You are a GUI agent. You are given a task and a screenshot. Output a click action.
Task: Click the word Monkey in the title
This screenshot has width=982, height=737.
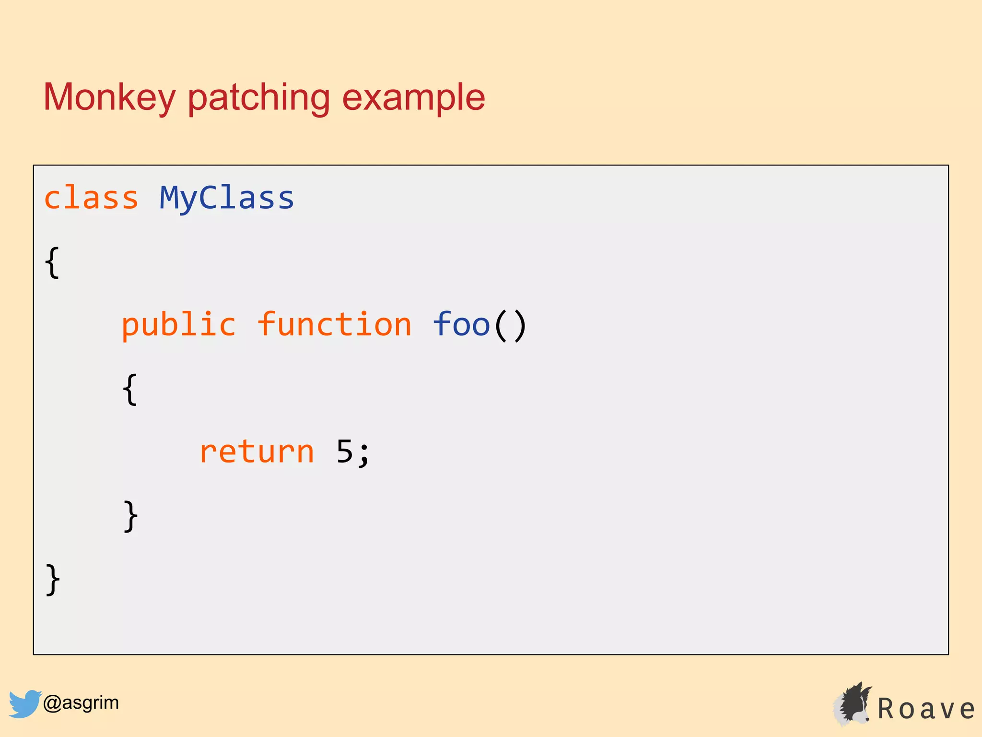[x=109, y=97]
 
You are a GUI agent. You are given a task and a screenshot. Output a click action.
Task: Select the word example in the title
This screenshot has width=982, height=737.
[x=413, y=97]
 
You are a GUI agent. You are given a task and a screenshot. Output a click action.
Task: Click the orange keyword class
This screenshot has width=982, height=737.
[x=91, y=198]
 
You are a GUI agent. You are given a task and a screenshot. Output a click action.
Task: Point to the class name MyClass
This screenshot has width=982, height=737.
[x=226, y=198]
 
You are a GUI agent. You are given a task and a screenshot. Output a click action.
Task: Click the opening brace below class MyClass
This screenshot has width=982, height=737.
[x=52, y=262]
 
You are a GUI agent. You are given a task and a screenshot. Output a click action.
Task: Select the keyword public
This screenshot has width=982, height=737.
[x=178, y=325]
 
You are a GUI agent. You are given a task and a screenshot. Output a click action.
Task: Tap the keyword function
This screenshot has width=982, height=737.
[x=334, y=325]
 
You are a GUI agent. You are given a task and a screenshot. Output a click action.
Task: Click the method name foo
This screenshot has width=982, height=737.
[x=461, y=325]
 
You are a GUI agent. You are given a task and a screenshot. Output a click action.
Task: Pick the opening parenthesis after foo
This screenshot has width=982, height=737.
[x=500, y=326]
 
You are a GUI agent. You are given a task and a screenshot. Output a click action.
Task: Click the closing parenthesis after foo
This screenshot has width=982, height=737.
[x=520, y=326]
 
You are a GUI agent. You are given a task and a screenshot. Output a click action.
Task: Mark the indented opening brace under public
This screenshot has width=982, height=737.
[x=130, y=389]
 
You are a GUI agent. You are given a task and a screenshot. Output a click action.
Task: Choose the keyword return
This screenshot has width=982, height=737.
[x=257, y=452]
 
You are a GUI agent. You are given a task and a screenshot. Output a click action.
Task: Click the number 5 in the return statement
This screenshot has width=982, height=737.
[x=345, y=452]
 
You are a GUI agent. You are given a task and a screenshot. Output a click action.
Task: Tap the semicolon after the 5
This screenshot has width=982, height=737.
[x=364, y=455]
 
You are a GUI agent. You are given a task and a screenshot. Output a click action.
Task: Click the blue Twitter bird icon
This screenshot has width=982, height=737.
[x=24, y=703]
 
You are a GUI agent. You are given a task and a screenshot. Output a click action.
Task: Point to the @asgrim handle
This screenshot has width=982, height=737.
[x=81, y=703]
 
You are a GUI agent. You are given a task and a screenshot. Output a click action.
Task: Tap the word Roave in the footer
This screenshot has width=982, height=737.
[x=926, y=709]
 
